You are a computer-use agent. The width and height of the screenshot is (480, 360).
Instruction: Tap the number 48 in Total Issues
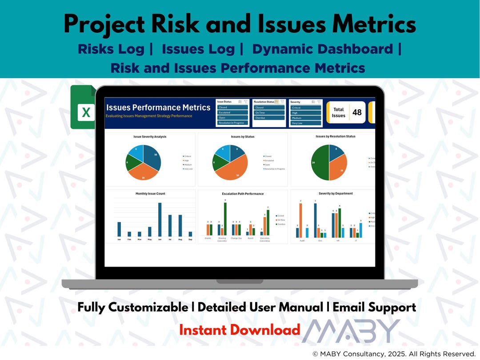(x=357, y=112)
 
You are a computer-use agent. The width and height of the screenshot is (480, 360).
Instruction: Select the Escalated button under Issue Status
(x=232, y=113)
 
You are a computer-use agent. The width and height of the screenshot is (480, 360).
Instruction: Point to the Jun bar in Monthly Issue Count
(x=160, y=219)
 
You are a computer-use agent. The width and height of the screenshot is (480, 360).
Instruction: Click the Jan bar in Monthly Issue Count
(x=119, y=229)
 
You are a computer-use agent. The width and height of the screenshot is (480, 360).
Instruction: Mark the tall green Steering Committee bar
(x=225, y=219)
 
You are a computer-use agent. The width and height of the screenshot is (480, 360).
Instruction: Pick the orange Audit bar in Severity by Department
(x=300, y=220)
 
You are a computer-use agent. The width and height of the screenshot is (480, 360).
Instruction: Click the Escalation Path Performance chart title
(x=243, y=194)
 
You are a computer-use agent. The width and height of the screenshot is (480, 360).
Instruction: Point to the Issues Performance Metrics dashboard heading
(x=158, y=108)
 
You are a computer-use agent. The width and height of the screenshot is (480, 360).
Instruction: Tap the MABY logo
(x=351, y=331)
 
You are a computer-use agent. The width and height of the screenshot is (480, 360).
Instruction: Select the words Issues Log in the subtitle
(x=198, y=49)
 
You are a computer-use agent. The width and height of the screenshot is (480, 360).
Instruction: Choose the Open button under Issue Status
(x=232, y=118)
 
